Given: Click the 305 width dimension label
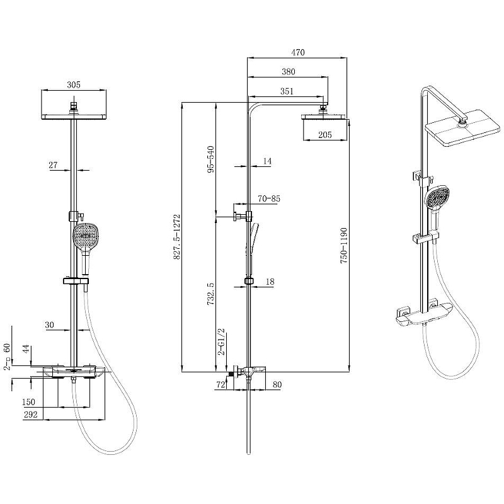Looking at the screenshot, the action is pyautogui.click(x=74, y=85).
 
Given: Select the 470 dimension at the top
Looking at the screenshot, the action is pyautogui.click(x=298, y=52).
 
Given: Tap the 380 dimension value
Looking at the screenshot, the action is pyautogui.click(x=289, y=72).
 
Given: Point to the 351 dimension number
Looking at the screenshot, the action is pyautogui.click(x=287, y=91).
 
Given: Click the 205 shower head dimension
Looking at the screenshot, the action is pyautogui.click(x=325, y=135).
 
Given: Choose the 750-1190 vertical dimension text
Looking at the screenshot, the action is pyautogui.click(x=344, y=246).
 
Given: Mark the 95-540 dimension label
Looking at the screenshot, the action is pyautogui.click(x=210, y=159).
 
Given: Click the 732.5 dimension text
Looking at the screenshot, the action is pyautogui.click(x=210, y=294).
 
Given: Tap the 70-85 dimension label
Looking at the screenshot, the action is pyautogui.click(x=269, y=198).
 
